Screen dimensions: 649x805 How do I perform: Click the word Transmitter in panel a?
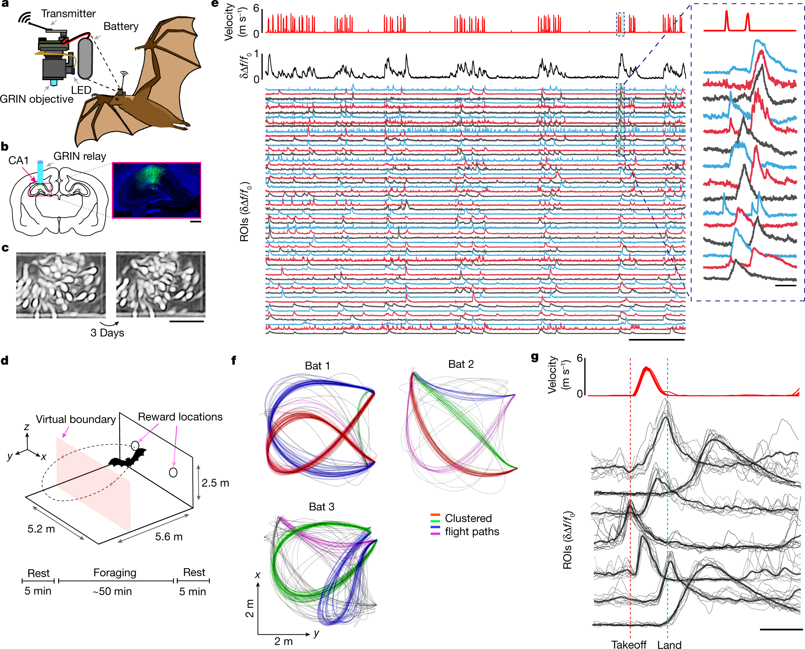(x=68, y=14)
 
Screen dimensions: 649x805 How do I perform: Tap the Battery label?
(x=121, y=26)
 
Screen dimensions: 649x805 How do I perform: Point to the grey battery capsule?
(x=85, y=58)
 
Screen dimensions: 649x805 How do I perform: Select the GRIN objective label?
(x=36, y=99)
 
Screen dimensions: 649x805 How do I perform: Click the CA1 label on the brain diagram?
(x=18, y=160)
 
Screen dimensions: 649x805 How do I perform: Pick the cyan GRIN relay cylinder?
(x=40, y=172)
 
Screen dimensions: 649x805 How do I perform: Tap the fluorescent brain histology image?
(x=156, y=190)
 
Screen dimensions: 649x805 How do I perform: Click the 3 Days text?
(x=107, y=333)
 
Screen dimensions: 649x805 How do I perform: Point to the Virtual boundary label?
(x=76, y=419)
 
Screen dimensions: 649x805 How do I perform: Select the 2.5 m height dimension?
(x=215, y=483)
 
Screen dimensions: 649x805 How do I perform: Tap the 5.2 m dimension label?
(x=41, y=529)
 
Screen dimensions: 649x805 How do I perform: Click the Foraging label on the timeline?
(x=115, y=572)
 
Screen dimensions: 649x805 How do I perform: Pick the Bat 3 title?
(x=321, y=507)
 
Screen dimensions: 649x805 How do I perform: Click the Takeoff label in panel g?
(x=628, y=644)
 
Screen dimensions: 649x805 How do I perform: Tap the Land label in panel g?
(x=669, y=644)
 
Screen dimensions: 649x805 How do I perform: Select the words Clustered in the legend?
(x=468, y=518)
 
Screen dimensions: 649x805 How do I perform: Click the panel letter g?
(x=534, y=356)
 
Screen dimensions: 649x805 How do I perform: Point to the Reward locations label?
(x=180, y=417)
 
